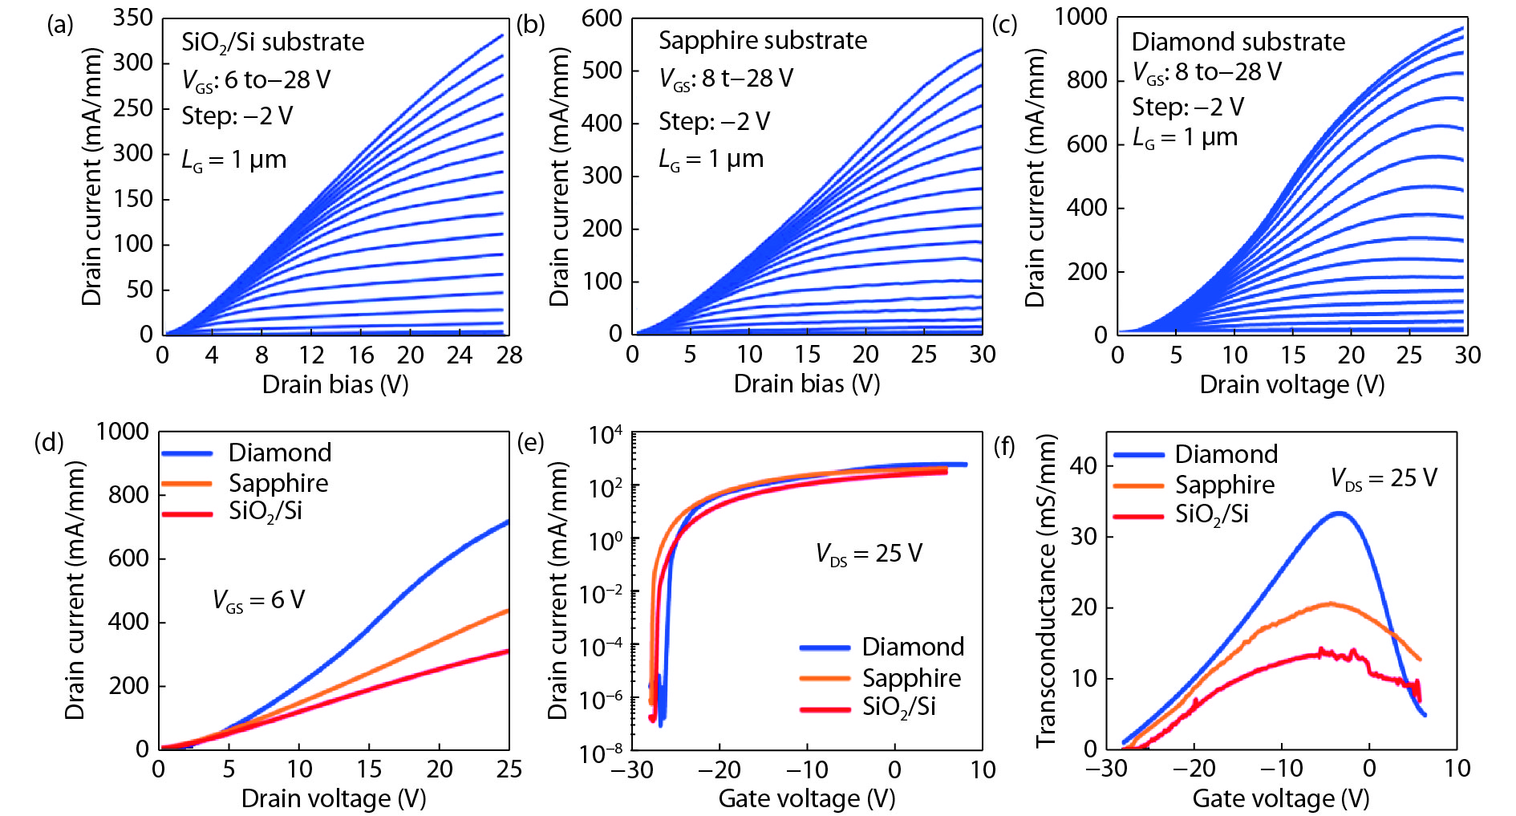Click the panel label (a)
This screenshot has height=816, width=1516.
pyautogui.click(x=60, y=26)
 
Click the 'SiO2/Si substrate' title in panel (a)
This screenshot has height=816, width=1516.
pyautogui.click(x=273, y=43)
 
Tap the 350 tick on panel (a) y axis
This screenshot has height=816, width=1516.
pyautogui.click(x=132, y=18)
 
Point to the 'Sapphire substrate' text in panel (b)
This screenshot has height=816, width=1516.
pyautogui.click(x=763, y=41)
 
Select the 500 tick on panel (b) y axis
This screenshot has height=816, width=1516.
pyautogui.click(x=602, y=71)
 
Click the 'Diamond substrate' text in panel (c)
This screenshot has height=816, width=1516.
pyautogui.click(x=1238, y=42)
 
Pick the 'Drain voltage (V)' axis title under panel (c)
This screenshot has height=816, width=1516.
pyautogui.click(x=1291, y=385)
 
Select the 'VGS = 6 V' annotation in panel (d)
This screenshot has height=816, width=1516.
pyautogui.click(x=258, y=600)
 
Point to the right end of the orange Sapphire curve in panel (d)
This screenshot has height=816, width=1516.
pyautogui.click(x=508, y=611)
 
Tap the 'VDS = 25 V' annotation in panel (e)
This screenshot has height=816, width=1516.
pyautogui.click(x=869, y=554)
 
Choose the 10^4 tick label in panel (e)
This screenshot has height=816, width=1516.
pyautogui.click(x=605, y=436)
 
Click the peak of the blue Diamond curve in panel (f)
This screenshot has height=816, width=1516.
pyautogui.click(x=1338, y=513)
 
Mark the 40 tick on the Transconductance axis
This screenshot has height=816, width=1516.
pyautogui.click(x=1084, y=465)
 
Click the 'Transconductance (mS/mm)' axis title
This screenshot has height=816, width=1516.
pyautogui.click(x=1046, y=591)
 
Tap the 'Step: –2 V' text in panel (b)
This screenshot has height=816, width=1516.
pyautogui.click(x=714, y=122)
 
